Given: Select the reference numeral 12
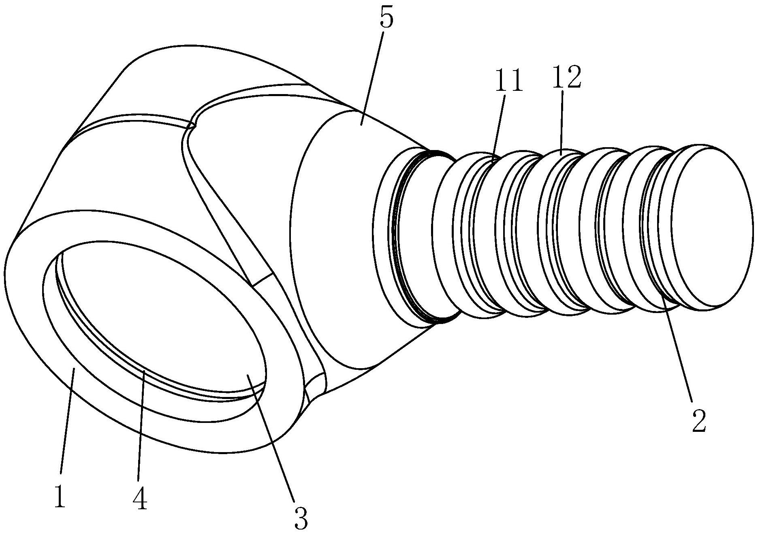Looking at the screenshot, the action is pos(566,77).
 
